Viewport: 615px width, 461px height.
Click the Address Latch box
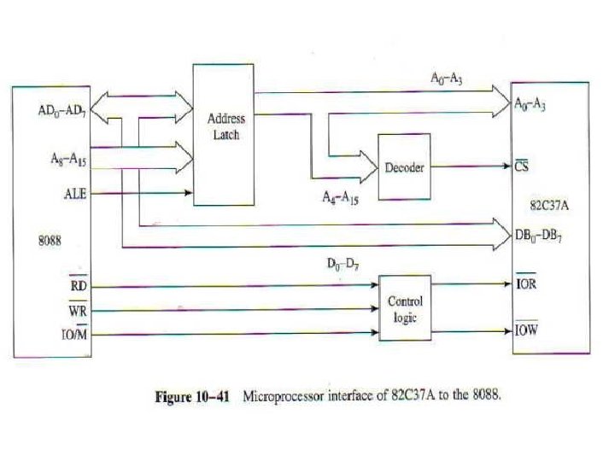pos(223,134)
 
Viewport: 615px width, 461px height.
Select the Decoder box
pos(405,166)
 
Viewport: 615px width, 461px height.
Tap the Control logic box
pos(405,307)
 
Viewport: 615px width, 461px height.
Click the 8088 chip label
pos(50,241)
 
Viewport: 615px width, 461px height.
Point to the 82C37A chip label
pos(549,205)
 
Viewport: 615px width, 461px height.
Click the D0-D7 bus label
pos(343,265)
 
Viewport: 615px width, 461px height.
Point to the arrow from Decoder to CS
pos(471,166)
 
